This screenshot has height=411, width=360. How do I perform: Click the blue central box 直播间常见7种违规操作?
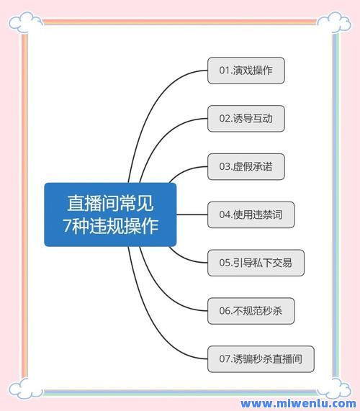coord(110,214)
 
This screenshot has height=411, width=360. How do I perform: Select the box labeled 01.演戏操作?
coord(246,71)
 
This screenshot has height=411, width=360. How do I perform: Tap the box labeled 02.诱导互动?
coord(246,119)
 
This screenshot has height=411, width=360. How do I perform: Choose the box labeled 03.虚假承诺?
coord(246,167)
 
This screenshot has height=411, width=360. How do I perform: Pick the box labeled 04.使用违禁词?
coord(251,214)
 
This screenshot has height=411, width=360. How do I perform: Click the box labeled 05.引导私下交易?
coord(256,263)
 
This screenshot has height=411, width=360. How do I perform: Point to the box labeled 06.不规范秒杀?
coord(251,311)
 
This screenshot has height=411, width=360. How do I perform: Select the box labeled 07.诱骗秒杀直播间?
coord(261,359)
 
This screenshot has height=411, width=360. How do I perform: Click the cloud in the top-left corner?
coord(25,22)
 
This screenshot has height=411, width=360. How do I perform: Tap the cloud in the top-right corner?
coord(334,22)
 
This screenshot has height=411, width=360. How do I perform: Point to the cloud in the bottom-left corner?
coord(25,388)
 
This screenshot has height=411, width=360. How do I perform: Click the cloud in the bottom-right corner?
coord(334,388)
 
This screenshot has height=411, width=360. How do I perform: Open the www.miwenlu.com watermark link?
coord(298,404)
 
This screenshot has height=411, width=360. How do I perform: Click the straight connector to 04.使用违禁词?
coord(192,214)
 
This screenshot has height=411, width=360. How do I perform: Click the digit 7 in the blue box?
coord(67,226)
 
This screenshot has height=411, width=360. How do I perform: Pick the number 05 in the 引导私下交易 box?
coord(225,263)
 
